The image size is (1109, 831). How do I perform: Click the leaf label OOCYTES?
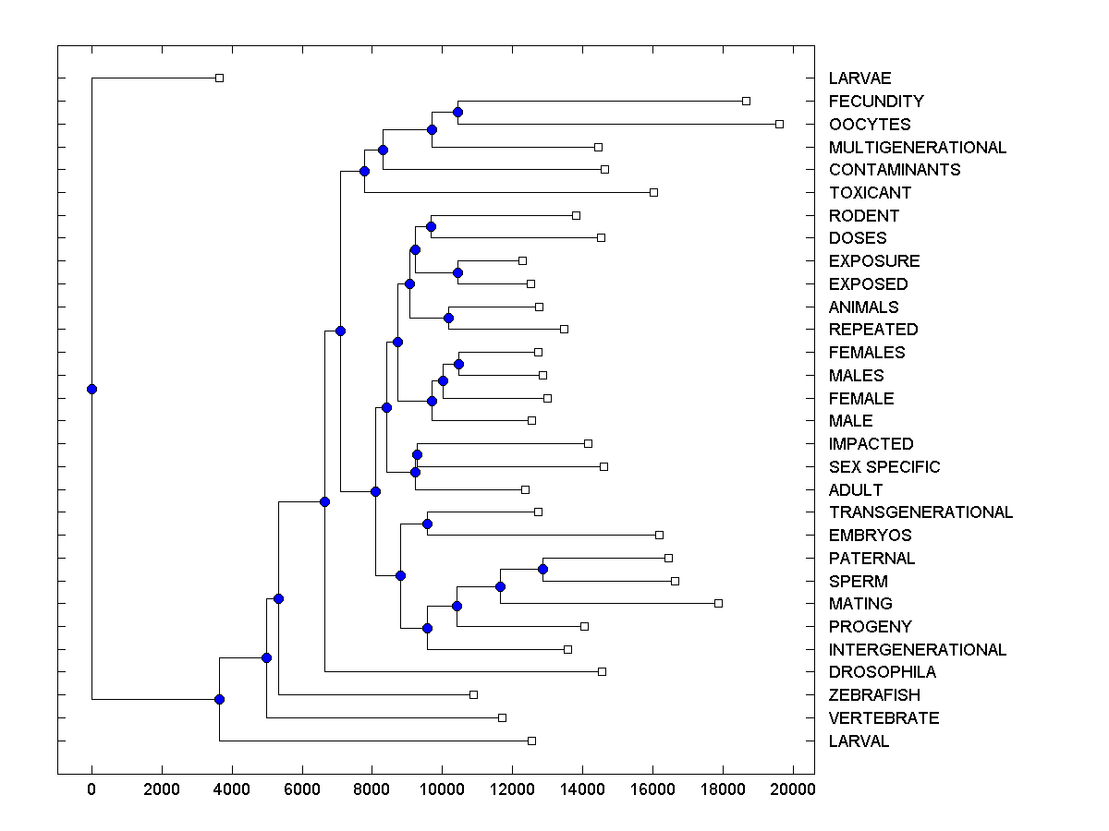pos(870,125)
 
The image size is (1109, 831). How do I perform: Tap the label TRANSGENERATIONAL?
pos(920,512)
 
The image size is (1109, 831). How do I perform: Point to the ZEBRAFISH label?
pos(874,695)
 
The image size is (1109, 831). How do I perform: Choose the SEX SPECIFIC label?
pos(884,467)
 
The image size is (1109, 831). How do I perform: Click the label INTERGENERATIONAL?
pos(918,650)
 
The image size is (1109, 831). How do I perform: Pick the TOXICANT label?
pos(870,193)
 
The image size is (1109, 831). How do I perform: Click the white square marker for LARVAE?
pos(219,78)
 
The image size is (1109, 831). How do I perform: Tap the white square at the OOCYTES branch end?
pos(779,124)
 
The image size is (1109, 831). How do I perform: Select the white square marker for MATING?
pos(718,603)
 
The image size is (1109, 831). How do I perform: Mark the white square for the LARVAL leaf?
pos(531,741)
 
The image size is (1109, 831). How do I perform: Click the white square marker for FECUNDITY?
pos(746,101)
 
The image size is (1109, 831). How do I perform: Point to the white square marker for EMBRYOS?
pos(659,535)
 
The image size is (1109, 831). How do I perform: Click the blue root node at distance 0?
pos(91,389)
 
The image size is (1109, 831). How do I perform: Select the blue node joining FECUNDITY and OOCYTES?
pos(457,113)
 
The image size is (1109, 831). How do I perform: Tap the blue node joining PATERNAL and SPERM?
pos(543,569)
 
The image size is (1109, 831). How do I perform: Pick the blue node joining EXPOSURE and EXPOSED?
pos(457,272)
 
